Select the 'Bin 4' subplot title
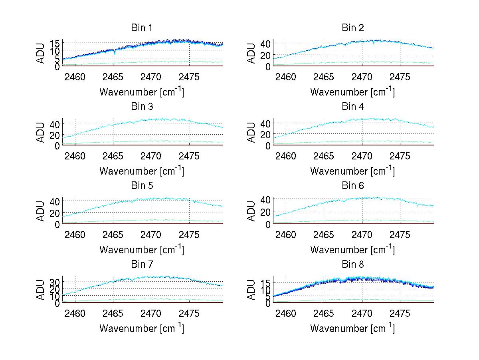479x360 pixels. [x=353, y=107]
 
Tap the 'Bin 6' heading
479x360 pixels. [x=353, y=185]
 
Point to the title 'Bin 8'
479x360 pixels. [x=353, y=264]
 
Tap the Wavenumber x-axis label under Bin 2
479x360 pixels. [x=352, y=92]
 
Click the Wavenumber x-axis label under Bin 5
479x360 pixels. [x=142, y=250]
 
